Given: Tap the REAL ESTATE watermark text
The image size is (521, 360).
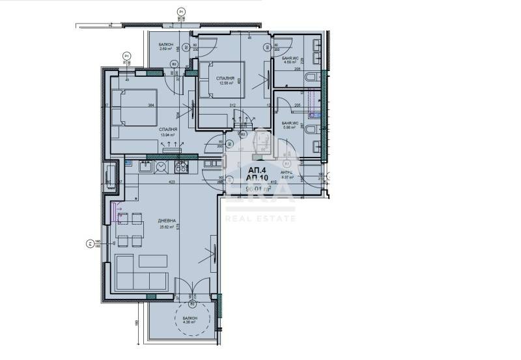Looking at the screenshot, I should click(260, 217).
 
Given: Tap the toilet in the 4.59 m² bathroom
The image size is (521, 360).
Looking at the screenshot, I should click(311, 79).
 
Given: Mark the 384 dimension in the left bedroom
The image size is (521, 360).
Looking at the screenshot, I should click(150, 106).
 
